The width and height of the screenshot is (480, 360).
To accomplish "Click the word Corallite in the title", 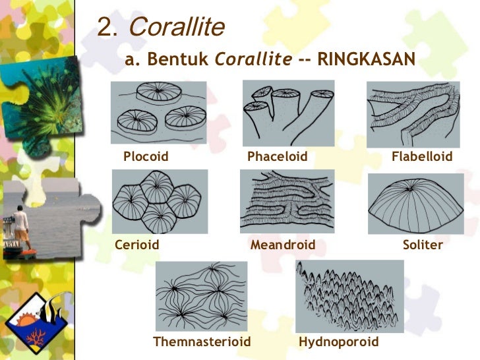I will [177, 27].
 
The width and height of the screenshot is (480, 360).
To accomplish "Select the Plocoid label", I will [146, 157].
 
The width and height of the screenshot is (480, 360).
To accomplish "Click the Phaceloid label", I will [278, 157].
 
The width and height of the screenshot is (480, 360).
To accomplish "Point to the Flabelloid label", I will [422, 157].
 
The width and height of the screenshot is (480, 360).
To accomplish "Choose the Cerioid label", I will [137, 245].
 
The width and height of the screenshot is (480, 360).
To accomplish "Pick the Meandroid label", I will [283, 245].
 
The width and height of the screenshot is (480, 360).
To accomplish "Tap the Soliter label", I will [423, 245].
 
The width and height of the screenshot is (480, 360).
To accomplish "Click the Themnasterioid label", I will [202, 342].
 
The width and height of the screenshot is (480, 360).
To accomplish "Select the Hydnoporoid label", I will [339, 342].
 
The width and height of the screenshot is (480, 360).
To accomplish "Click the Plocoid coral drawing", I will [158, 113].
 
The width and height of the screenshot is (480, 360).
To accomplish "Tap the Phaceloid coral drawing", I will [288, 113].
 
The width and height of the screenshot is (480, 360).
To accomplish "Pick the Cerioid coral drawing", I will [160, 202].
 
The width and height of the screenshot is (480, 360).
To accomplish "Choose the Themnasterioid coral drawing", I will [201, 296].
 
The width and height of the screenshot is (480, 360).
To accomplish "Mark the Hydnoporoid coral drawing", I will [349, 295].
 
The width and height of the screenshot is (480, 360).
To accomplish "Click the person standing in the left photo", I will [22, 228].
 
